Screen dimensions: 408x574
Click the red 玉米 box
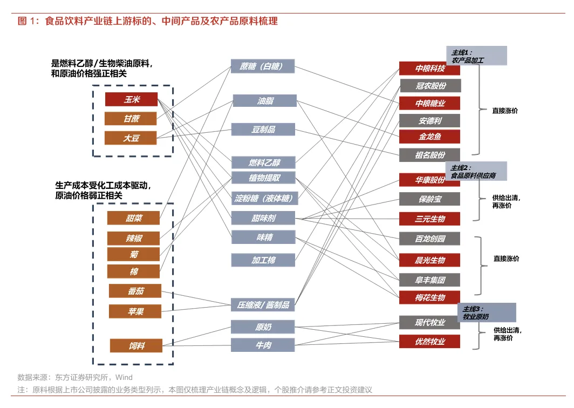131,99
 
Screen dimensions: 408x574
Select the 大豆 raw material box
131,138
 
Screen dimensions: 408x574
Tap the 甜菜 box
134,218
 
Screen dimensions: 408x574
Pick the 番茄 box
135,291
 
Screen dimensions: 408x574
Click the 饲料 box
136,345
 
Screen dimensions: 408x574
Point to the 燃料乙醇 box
264,162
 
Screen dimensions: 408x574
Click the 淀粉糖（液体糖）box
264,198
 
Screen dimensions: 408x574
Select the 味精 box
264,236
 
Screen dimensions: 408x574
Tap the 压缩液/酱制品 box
263,304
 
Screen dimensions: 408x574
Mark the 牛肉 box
263,344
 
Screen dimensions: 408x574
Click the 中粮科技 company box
429,69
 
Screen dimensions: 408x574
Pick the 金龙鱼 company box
429,137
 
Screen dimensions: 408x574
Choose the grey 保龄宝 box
429,199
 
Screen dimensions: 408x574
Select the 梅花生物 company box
429,297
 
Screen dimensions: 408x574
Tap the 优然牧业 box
429,341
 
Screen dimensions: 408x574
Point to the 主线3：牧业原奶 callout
486,312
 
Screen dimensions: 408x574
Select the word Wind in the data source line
124,377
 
